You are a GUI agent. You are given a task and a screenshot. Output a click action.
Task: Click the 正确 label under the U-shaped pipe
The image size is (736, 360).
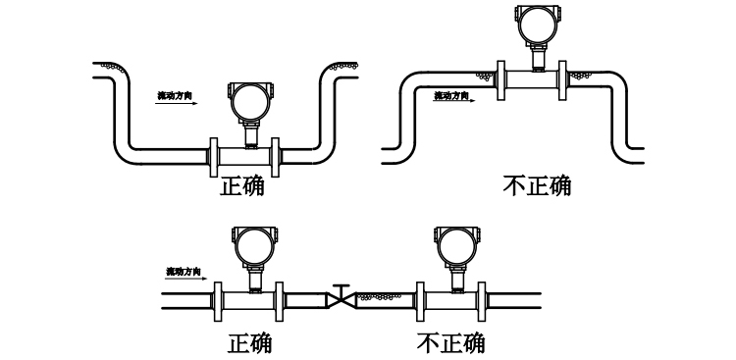(241, 185)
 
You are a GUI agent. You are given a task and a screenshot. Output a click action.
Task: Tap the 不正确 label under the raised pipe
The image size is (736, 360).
(536, 184)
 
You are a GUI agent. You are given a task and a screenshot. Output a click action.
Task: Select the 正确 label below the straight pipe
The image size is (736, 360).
(249, 342)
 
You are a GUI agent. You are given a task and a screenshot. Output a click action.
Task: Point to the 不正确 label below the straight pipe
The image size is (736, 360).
(450, 342)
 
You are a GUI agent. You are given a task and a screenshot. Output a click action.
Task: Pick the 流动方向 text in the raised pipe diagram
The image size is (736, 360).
(451, 95)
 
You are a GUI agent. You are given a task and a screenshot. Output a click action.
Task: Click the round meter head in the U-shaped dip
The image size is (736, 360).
(248, 100)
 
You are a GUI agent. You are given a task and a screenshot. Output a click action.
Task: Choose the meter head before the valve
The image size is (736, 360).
(253, 245)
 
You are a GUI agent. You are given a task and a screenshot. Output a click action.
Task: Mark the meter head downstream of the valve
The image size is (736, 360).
(455, 245)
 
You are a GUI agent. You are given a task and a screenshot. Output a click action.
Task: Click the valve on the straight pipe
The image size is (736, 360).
(341, 297)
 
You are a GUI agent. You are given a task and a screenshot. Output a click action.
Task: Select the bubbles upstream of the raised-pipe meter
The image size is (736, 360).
(485, 75)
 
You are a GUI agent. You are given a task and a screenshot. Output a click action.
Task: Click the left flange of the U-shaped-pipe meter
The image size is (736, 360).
(214, 156)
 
